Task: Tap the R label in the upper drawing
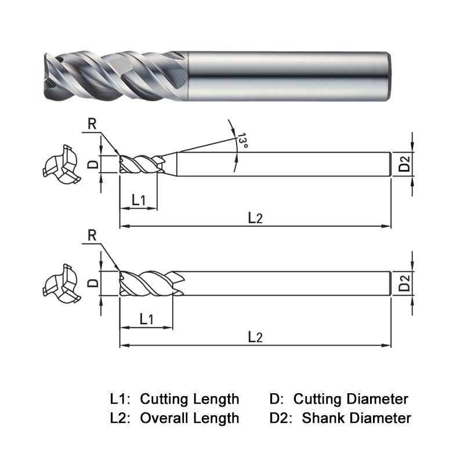92,123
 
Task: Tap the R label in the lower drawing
92,235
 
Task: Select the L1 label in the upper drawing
138,200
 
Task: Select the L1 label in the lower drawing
146,318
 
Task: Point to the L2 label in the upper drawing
255,217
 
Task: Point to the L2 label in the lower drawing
255,337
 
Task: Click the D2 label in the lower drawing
405,283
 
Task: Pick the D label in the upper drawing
92,164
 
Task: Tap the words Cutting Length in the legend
190,399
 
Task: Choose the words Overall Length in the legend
190,418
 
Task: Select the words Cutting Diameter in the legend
351,399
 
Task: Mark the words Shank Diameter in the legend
357,418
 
